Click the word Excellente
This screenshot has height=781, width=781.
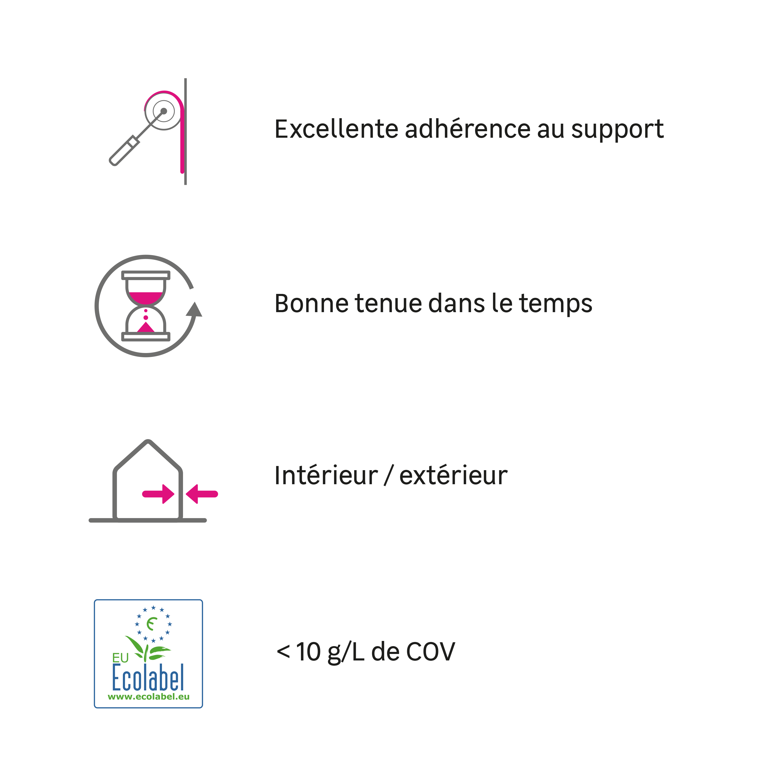tap(336, 129)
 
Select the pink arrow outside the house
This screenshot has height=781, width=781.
tap(202, 494)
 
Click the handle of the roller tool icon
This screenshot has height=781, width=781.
tap(124, 151)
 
